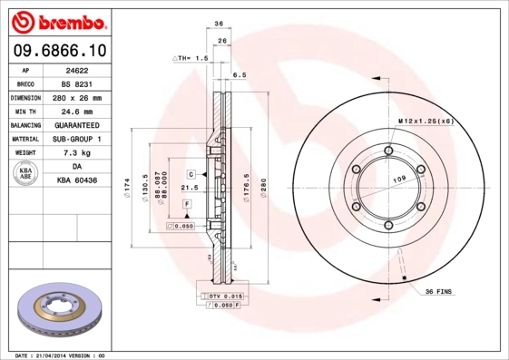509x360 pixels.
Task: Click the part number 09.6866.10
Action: click(x=59, y=50)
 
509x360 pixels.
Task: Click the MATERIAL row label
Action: click(x=25, y=139)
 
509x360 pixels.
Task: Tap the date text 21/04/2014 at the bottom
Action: click(x=54, y=355)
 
